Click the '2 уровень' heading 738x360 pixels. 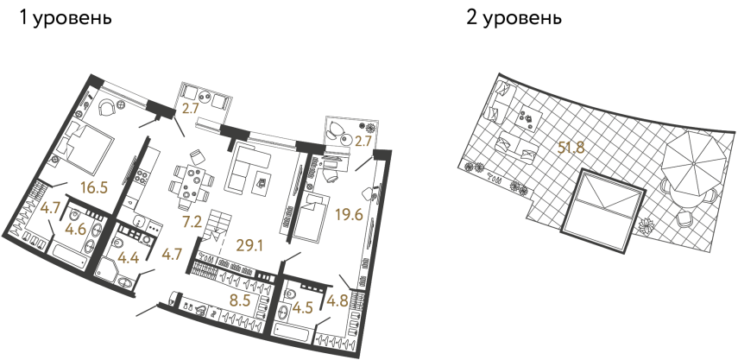(514, 17)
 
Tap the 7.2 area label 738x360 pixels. (191, 223)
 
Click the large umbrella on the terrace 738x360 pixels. (691, 160)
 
